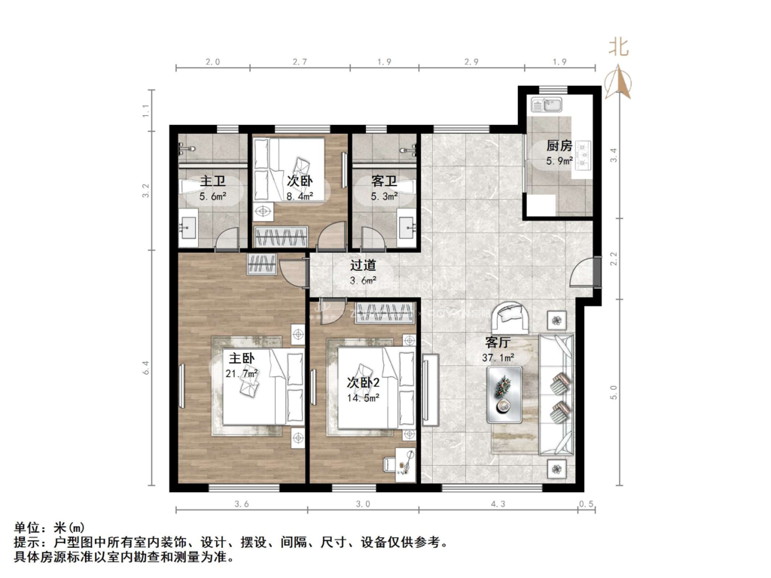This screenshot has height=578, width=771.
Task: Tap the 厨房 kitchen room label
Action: tap(559, 146)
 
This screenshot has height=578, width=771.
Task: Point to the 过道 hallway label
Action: tap(363, 266)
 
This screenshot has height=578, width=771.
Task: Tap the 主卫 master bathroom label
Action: tap(212, 182)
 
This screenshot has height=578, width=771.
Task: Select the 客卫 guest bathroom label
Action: tap(384, 181)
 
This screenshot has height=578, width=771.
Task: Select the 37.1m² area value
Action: tap(498, 359)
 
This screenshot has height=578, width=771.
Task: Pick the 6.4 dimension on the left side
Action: tap(147, 370)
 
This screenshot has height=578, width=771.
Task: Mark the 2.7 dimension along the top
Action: tap(300, 63)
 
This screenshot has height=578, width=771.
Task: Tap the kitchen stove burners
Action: tap(585, 157)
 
